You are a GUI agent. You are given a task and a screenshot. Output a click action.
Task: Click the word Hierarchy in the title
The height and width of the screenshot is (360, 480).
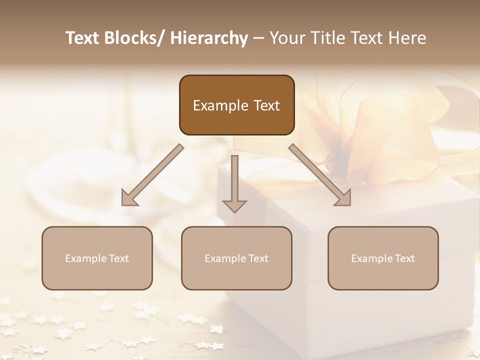[209, 38]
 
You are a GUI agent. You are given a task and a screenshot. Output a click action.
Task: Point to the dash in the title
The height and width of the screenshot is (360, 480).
[258, 38]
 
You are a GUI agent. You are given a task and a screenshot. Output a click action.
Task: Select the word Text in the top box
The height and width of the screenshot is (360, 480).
[266, 105]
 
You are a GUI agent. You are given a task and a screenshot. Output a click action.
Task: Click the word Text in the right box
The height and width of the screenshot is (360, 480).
[404, 258]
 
